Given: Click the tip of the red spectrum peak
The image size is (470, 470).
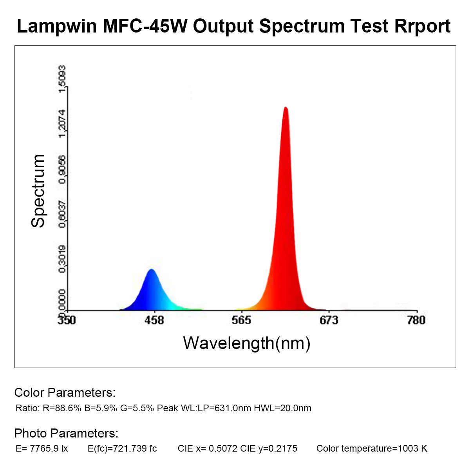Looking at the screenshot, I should pos(286,108).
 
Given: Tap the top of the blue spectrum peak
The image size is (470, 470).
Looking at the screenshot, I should pos(151,270).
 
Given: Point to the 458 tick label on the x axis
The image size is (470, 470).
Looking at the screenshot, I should pos(154,320).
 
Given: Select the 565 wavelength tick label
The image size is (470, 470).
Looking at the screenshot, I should pos(241,320).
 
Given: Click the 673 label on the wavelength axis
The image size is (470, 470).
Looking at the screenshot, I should pos(329,320).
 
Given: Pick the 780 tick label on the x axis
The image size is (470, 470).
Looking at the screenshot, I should pos(416,320).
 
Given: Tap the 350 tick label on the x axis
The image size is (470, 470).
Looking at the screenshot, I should pos(67,320).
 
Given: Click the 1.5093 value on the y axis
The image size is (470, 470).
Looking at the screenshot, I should pos(62,79).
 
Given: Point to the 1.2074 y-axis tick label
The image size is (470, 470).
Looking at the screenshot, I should pos(62,123).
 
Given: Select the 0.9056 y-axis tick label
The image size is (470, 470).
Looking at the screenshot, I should pos(62,168).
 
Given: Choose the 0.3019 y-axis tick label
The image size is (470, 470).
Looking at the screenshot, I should pos(62,258).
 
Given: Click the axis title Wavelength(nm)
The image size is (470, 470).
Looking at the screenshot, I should pos(247,343).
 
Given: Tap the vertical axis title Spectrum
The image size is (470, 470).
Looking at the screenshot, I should pos(38,191).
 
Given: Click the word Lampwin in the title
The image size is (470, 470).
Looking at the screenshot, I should pos(57,26).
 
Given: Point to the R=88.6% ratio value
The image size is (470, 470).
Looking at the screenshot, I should pos(62,408).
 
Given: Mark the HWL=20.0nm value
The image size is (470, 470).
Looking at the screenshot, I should pos(282,408).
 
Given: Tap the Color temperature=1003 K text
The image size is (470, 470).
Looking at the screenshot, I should pos(372,448).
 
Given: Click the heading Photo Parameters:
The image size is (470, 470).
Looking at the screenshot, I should pos(66,433).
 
